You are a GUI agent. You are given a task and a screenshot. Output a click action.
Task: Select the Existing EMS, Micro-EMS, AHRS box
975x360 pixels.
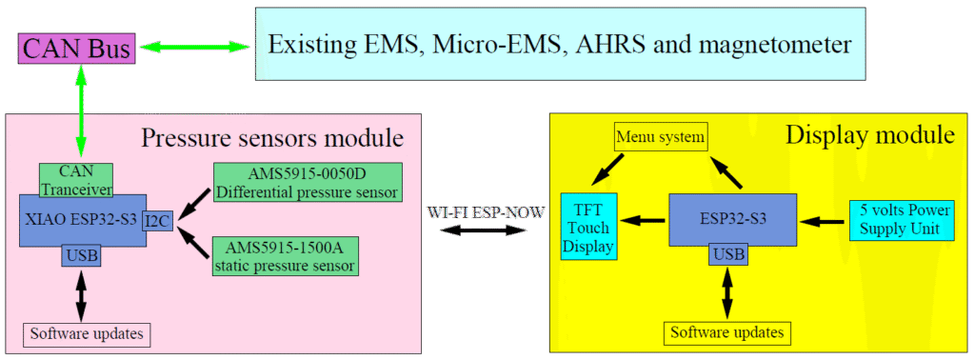click(559, 44)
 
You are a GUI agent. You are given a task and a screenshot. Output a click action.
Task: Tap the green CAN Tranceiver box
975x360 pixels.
click(76, 178)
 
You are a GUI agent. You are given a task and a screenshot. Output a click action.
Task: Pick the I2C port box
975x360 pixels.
click(158, 221)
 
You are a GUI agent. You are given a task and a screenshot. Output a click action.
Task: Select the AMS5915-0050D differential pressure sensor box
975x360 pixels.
click(307, 182)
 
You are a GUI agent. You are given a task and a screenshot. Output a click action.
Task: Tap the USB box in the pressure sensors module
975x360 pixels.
click(81, 254)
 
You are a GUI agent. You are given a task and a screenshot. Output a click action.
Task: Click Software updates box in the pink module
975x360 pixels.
click(87, 334)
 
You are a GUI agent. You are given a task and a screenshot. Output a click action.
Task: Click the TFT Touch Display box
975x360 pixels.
click(587, 226)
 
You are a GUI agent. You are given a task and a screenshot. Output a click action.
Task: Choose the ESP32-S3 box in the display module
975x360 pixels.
click(731, 218)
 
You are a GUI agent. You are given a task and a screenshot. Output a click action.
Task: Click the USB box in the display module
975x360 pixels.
click(728, 254)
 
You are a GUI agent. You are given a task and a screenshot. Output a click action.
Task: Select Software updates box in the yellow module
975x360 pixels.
click(727, 332)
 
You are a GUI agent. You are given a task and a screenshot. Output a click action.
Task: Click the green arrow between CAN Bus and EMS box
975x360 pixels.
click(196, 45)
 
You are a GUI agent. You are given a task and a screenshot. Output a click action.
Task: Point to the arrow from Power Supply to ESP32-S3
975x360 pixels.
click(822, 220)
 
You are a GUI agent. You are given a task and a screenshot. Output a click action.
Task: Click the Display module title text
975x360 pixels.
click(869, 134)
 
